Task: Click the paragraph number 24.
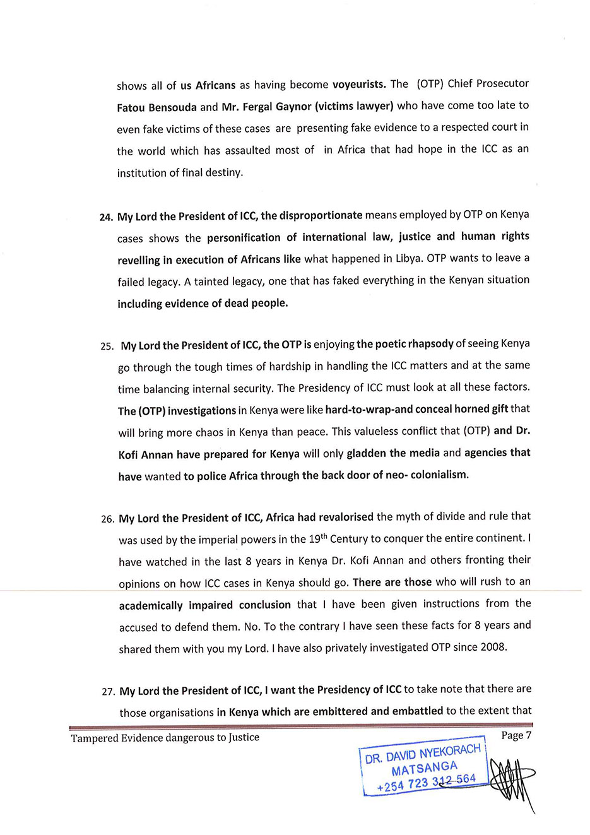[x=105, y=218]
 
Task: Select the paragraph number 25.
[x=107, y=346]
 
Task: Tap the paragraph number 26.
[x=107, y=519]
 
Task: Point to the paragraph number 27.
[x=108, y=692]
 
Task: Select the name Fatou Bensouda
[x=157, y=107]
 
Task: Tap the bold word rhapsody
[x=432, y=344]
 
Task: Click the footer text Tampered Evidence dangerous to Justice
[x=165, y=737]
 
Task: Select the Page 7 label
[x=516, y=735]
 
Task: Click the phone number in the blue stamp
[x=427, y=783]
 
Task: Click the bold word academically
[x=151, y=605]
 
